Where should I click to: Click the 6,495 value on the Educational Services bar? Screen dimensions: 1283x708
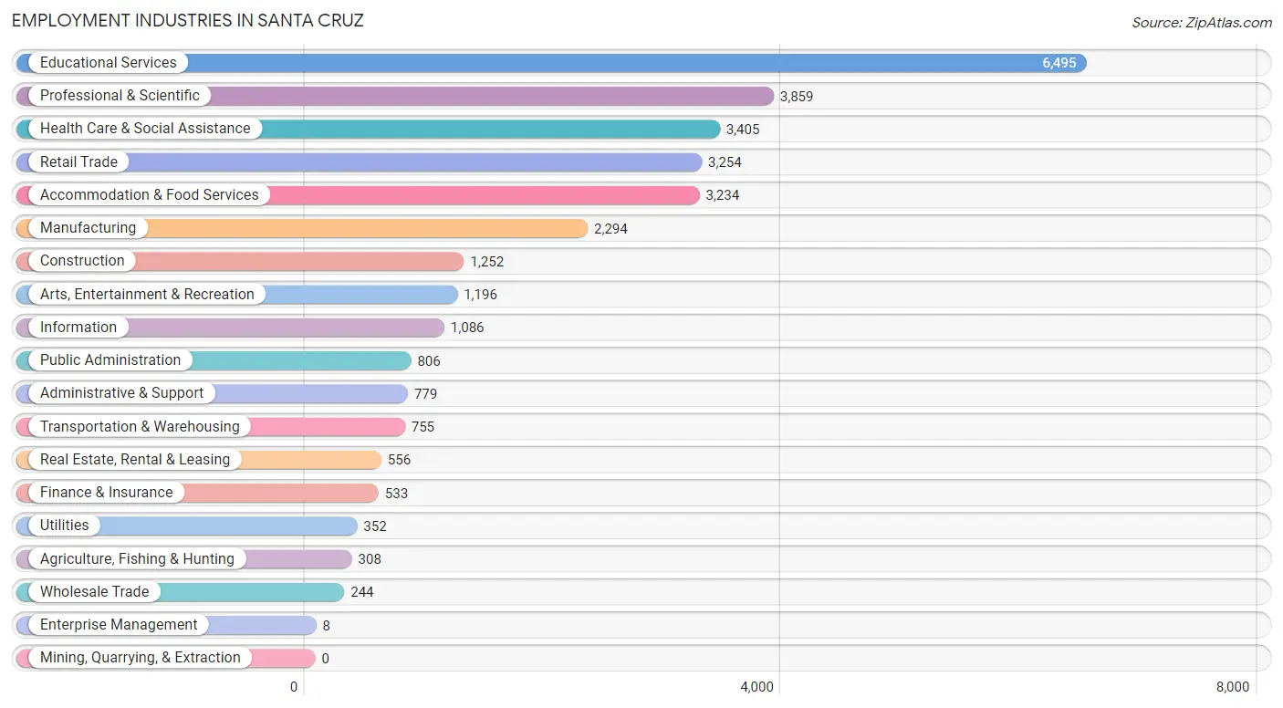coord(1059,62)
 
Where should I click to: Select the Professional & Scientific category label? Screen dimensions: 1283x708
coord(120,95)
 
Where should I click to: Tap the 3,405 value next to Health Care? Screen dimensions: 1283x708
coord(743,130)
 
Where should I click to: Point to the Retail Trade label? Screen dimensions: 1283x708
coord(78,161)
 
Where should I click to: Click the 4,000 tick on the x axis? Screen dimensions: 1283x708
coord(756,686)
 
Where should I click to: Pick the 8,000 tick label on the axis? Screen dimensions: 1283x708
coord(1233,686)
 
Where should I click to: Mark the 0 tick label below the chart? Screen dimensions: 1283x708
coord(294,686)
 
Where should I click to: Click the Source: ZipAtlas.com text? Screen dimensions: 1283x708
coord(1202,22)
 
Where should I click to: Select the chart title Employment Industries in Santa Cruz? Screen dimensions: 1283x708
coord(187,21)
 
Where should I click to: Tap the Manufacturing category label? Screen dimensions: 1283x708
coord(88,227)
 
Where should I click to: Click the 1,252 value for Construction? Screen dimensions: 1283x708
coord(487,262)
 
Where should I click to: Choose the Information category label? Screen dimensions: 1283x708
coord(78,327)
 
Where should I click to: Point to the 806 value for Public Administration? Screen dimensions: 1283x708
coord(429,361)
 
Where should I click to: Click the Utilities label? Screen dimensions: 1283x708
coord(64,525)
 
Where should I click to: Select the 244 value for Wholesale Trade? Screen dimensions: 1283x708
coord(362,592)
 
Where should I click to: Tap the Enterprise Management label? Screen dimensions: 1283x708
coord(119,624)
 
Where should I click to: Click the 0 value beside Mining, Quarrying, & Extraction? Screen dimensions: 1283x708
coord(326,658)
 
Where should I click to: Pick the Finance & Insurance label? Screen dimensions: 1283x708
coord(106,492)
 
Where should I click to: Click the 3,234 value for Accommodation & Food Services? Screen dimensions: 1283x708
coord(723,195)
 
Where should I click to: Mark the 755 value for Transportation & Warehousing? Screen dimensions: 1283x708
coord(422,427)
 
